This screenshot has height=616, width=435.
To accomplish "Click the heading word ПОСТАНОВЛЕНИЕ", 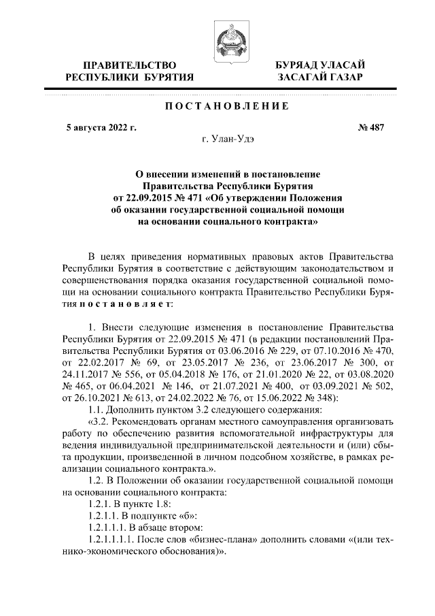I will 227,106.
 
